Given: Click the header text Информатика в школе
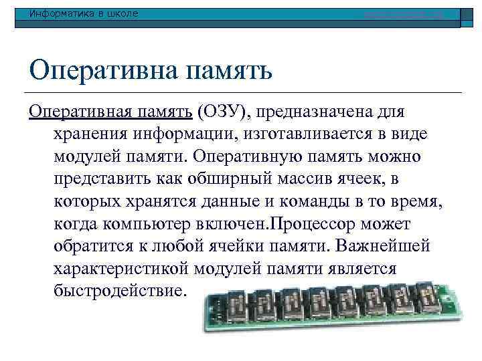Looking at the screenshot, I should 80,13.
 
